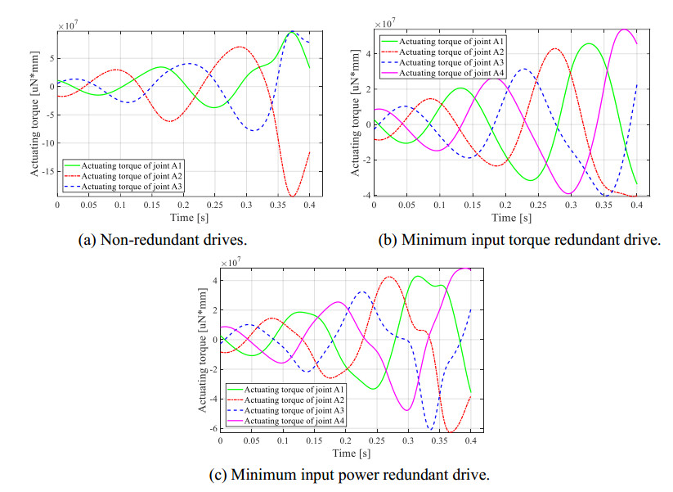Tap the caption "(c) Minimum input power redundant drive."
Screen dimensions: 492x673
click(x=338, y=474)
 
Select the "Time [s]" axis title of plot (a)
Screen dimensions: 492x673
click(x=183, y=218)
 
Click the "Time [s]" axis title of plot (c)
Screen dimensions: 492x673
click(x=346, y=453)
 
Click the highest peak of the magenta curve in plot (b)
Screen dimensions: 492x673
click(x=624, y=29)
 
